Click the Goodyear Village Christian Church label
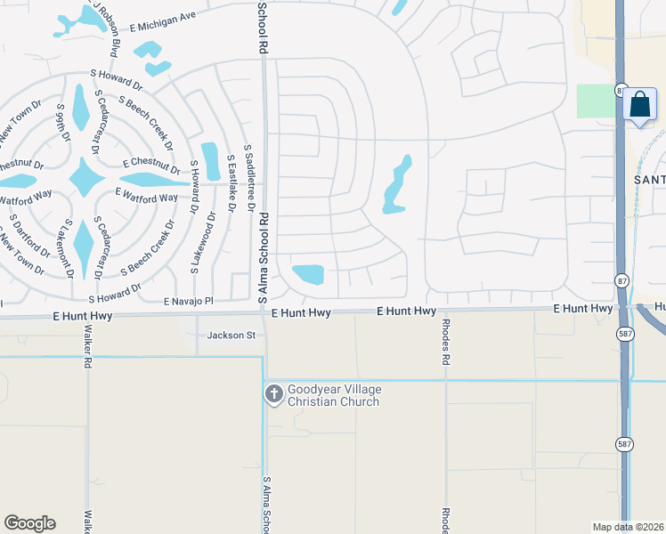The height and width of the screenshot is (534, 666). (x=333, y=395)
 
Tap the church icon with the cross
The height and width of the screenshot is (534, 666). (x=274, y=392)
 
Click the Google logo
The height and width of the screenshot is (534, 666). (x=29, y=523)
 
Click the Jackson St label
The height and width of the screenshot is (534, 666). (x=231, y=336)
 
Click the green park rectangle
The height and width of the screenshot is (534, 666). (x=596, y=101)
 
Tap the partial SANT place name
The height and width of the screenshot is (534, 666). (x=649, y=179)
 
